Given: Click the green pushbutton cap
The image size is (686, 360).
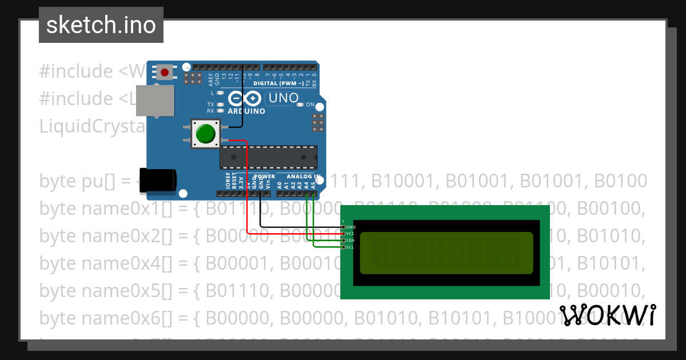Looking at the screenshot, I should [x=205, y=134].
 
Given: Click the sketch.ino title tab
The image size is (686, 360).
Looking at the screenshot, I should [x=101, y=25].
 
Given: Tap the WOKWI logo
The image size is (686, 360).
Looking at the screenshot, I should [x=608, y=315].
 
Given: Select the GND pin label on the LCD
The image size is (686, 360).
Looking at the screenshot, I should [x=351, y=227].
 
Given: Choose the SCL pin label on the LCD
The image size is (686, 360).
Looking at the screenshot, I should [x=350, y=247].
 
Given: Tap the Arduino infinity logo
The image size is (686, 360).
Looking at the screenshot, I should [x=241, y=98].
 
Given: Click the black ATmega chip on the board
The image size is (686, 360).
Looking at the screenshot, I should [x=269, y=157].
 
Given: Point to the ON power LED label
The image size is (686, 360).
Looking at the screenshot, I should [x=310, y=105].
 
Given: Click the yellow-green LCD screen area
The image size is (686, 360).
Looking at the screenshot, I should [x=446, y=253].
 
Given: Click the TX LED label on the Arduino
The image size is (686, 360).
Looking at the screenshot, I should [x=210, y=105].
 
